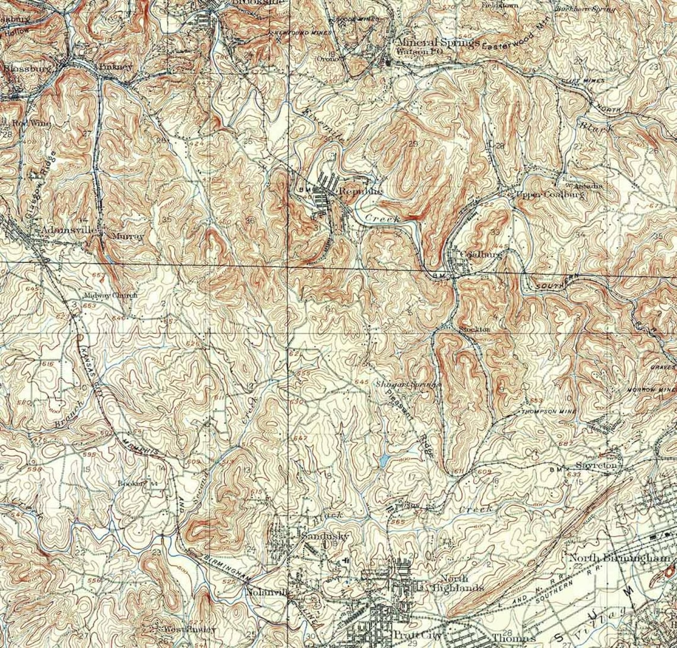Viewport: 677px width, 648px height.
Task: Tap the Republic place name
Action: pyautogui.click(x=360, y=191)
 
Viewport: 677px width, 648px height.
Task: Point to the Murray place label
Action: pyautogui.click(x=128, y=236)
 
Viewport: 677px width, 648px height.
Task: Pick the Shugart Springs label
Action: pyautogui.click(x=409, y=385)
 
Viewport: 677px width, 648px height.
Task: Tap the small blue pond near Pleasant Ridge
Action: pyautogui.click(x=384, y=460)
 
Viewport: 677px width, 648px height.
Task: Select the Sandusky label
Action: pyautogui.click(x=324, y=536)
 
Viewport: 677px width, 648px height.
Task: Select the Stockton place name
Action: pyautogui.click(x=474, y=329)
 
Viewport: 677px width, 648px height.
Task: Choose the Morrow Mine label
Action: pyautogui.click(x=651, y=390)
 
